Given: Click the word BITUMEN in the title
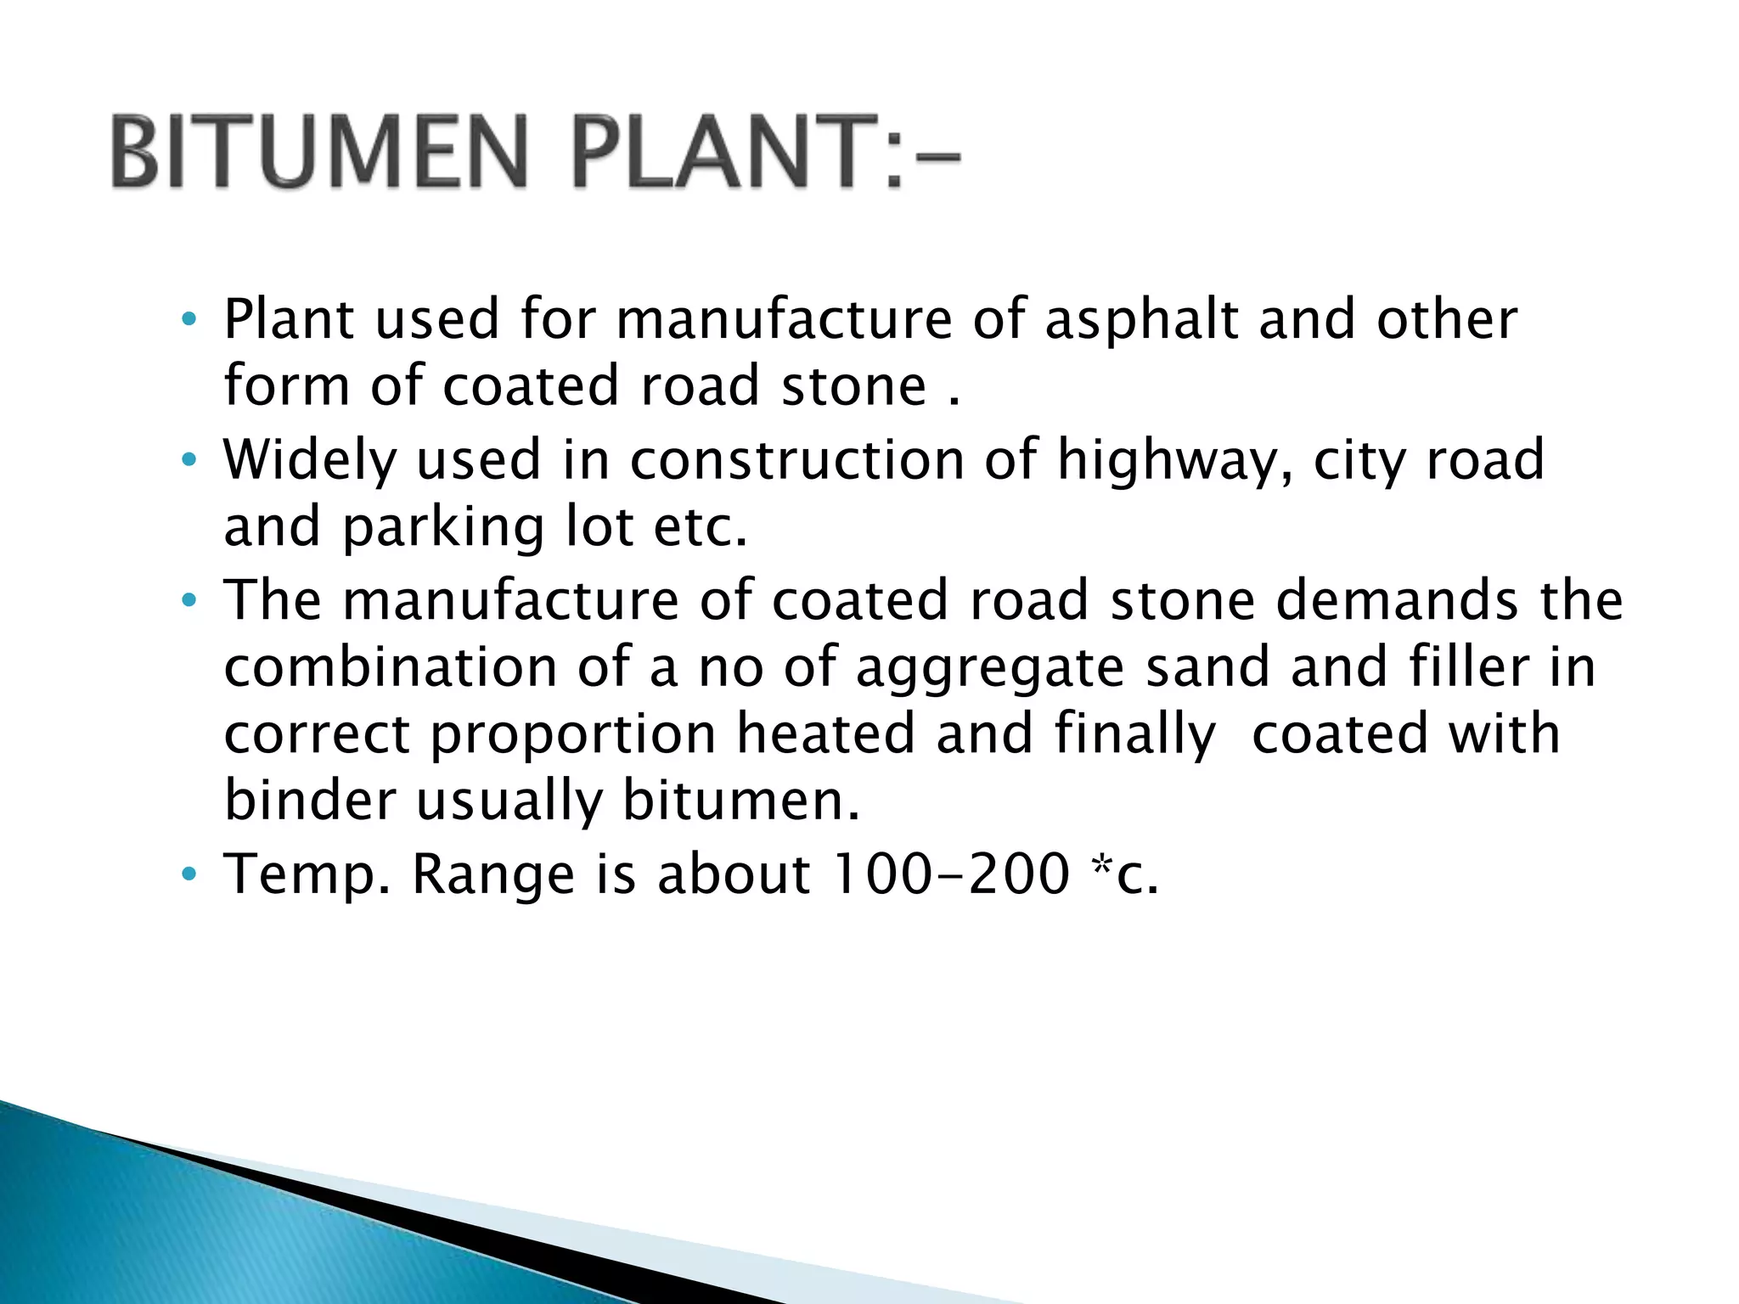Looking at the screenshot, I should point(319,153).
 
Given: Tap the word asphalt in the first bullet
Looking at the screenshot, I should point(1141,321).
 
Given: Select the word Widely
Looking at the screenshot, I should point(309,461).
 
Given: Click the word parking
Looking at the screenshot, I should point(443,529).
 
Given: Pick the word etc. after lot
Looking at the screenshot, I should point(701,527).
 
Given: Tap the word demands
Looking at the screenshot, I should point(1397,600).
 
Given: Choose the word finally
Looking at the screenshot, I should point(1135,736).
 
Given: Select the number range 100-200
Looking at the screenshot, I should point(950,874).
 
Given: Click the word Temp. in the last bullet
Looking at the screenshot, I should point(307,875).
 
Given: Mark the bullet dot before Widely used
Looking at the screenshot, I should point(189,462).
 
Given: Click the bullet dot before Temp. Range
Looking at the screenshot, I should point(189,874).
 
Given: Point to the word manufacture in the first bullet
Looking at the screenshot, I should point(784,321).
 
